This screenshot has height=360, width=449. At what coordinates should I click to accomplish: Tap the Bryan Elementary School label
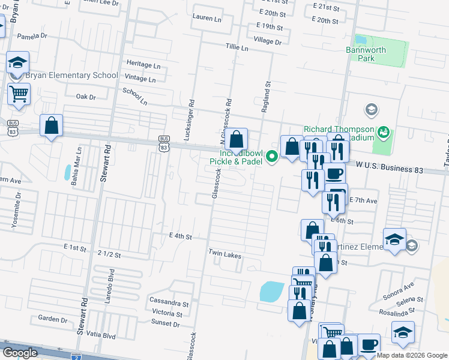(71, 76)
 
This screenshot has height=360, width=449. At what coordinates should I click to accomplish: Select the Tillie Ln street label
(237, 47)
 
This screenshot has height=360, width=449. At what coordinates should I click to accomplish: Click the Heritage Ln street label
(143, 64)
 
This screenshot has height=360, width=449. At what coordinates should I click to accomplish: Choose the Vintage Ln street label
(140, 79)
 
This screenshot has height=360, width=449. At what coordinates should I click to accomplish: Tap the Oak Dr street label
(86, 97)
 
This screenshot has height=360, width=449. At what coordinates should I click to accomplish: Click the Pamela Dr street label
(32, 36)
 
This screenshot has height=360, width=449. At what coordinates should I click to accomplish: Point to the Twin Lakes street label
(225, 255)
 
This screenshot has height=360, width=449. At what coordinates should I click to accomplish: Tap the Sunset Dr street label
(166, 323)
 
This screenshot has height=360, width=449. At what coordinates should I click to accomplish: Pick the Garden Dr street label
(51, 319)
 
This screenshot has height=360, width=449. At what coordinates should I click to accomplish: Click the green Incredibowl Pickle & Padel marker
(272, 157)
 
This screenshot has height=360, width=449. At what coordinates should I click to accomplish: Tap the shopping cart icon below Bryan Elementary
(19, 94)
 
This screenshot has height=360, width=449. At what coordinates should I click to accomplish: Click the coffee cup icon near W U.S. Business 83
(335, 173)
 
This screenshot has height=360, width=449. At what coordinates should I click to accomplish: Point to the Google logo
(20, 352)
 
